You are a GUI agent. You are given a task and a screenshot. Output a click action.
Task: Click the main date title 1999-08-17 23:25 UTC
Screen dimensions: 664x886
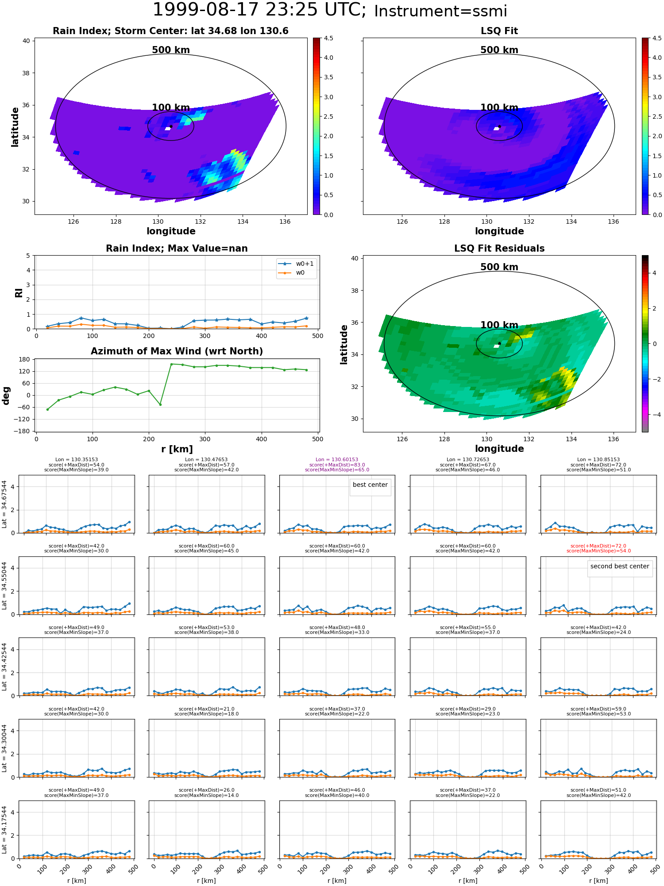[x=259, y=10]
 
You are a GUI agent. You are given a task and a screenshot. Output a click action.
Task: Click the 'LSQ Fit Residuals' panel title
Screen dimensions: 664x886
[x=499, y=249]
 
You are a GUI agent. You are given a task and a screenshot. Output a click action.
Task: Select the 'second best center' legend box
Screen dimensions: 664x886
[x=620, y=567]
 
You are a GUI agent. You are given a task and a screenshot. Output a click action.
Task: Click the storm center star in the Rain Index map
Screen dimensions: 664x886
[x=171, y=126]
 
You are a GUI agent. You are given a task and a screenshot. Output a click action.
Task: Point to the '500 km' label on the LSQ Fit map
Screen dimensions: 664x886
[x=499, y=50]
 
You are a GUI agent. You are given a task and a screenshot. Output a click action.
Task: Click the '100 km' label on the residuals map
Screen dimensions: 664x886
[x=499, y=325]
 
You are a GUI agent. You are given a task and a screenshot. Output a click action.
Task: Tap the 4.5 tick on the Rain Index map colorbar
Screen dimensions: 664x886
[x=328, y=38]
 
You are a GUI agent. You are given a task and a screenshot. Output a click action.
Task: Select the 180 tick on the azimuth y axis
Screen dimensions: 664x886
[x=25, y=359]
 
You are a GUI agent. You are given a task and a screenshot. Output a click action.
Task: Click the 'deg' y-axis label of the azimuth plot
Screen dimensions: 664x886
[x=6, y=396]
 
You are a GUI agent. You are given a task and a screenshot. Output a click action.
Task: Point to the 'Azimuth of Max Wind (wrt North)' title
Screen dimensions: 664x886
[x=177, y=351]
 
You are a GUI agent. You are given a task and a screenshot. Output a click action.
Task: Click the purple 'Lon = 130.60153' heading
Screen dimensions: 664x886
[x=337, y=460]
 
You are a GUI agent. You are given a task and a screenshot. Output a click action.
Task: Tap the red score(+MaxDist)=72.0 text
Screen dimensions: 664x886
[x=598, y=546]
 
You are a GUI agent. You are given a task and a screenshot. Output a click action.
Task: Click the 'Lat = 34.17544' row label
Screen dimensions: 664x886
[x=4, y=830]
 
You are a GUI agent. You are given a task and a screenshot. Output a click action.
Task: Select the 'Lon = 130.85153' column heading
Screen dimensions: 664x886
[x=598, y=460]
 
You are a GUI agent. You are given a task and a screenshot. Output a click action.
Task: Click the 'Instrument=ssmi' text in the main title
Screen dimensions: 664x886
[x=440, y=12]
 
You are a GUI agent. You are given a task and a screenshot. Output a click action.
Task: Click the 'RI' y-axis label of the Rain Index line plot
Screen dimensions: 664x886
[x=19, y=293]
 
